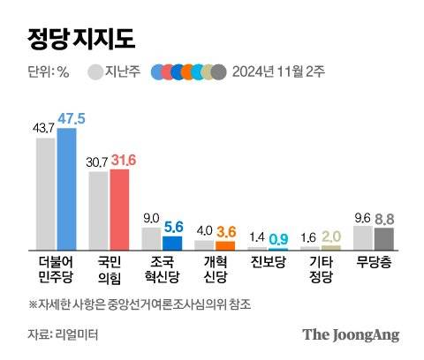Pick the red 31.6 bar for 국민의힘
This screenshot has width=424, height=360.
pyautogui.click(x=119, y=209)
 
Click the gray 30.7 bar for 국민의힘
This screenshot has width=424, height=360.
pyautogui.click(x=99, y=211)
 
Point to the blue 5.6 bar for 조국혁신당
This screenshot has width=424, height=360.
pyautogui.click(x=172, y=243)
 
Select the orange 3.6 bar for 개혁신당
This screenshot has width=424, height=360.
pyautogui.click(x=225, y=244)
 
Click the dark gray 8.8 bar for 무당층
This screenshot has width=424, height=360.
pyautogui.click(x=383, y=238)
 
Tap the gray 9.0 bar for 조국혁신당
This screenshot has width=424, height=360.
pyautogui.click(x=152, y=238)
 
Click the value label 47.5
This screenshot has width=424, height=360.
pyautogui.click(x=68, y=118)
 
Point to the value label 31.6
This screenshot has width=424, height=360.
pyautogui.click(x=121, y=159)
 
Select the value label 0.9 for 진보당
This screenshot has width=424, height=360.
pyautogui.click(x=279, y=238)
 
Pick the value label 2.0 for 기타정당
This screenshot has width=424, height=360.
pyautogui.click(x=331, y=236)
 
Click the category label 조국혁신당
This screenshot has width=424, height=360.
pyautogui.click(x=162, y=269)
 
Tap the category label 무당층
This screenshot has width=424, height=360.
pyautogui.click(x=373, y=262)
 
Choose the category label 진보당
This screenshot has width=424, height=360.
pyautogui.click(x=268, y=262)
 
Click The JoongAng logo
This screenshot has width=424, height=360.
pyautogui.click(x=351, y=334)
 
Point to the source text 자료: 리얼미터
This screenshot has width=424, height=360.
pyautogui.click(x=61, y=334)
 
